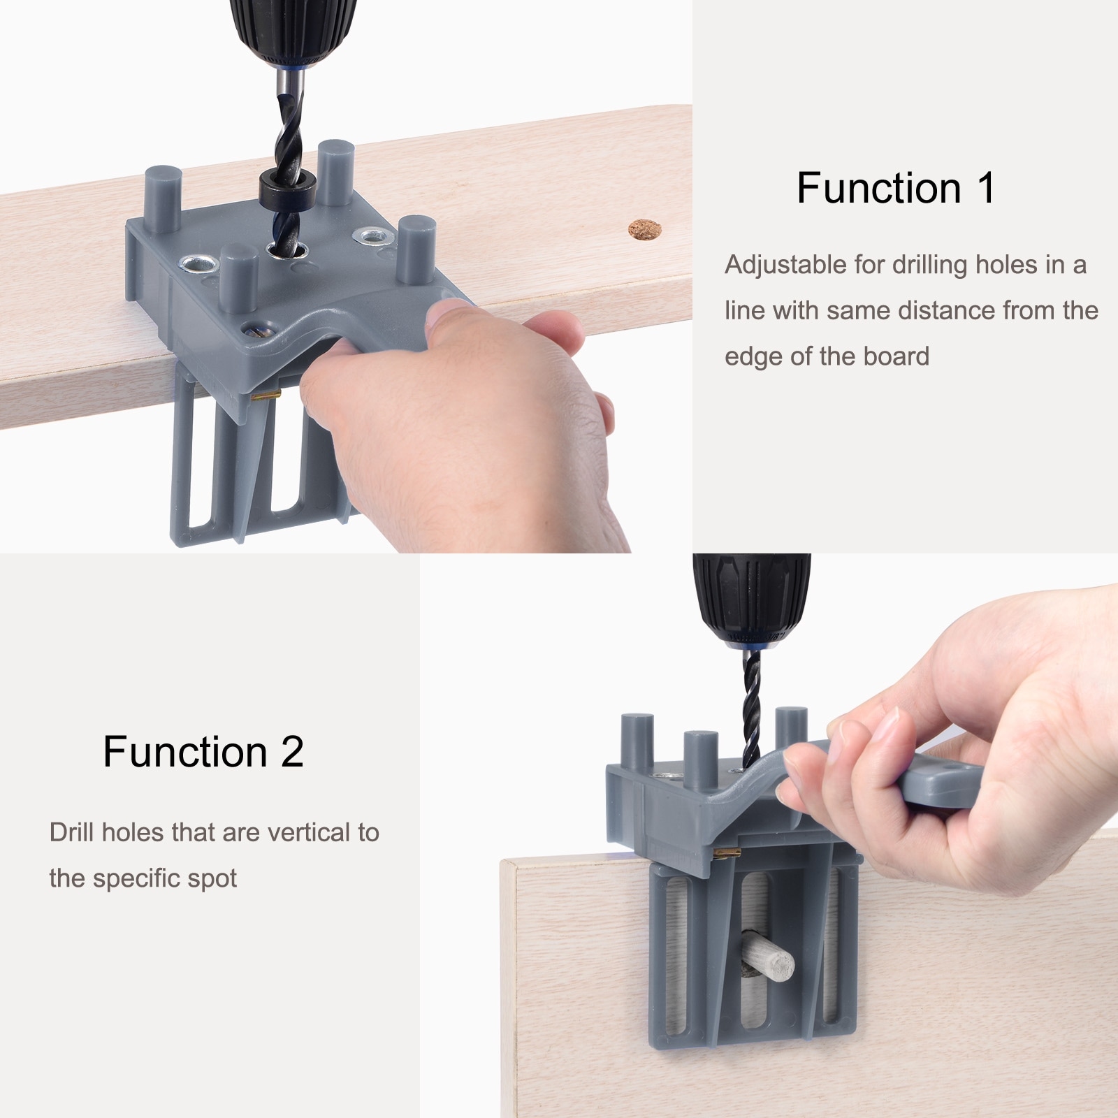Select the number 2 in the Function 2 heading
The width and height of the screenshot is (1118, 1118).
[292, 752]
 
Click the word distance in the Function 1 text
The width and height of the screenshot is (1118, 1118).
[924, 310]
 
